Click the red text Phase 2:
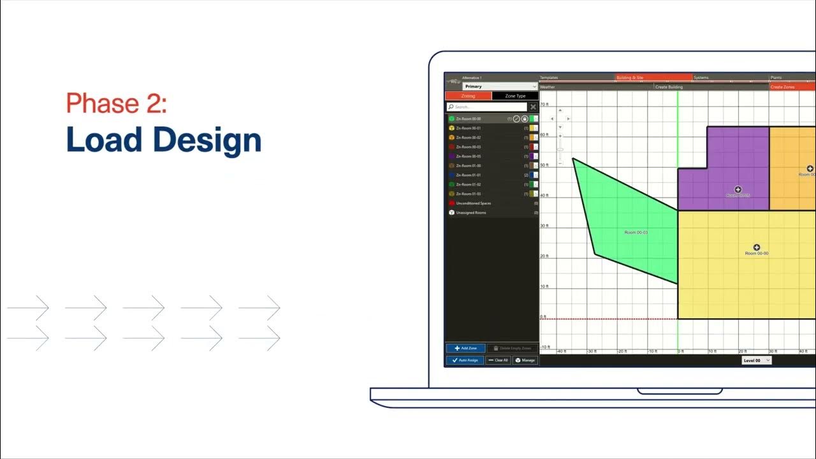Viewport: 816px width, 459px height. pos(116,103)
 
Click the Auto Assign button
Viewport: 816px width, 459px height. pos(465,360)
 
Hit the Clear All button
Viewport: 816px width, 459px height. pos(498,360)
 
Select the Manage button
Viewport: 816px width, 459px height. pos(525,360)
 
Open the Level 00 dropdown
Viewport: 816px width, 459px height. pos(756,360)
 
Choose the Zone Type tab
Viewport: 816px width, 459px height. pos(515,96)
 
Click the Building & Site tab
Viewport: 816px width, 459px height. pos(653,78)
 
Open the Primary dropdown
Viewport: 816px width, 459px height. pos(500,86)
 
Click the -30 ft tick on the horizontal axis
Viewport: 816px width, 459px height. pos(591,351)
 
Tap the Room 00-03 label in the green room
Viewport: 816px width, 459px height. pos(636,233)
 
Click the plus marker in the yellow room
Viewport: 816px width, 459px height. pos(757,247)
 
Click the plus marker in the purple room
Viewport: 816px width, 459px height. pos(738,190)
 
